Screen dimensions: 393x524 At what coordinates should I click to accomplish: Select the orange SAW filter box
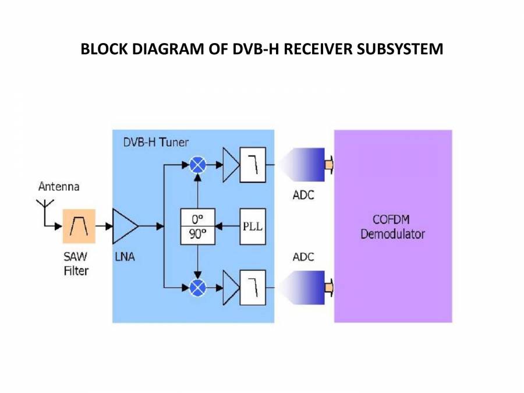[x=79, y=226]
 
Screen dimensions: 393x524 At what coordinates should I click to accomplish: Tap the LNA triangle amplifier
[x=124, y=226]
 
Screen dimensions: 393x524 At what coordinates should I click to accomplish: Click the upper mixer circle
[x=199, y=165]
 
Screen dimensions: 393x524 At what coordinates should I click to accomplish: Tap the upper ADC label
[x=303, y=195]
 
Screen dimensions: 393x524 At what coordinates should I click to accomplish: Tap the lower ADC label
[x=303, y=257]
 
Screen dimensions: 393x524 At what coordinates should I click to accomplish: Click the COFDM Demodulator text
[x=392, y=227]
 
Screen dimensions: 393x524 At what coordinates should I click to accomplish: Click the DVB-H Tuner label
[x=155, y=142]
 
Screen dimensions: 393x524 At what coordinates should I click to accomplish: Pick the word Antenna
[x=59, y=187]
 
